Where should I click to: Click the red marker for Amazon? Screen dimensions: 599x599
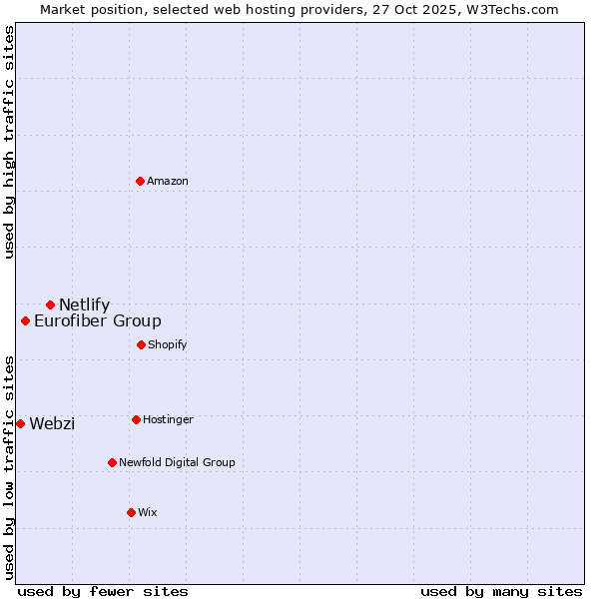coord(141,181)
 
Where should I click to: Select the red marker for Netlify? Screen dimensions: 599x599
coord(50,304)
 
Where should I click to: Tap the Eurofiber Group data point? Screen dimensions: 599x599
coord(26,320)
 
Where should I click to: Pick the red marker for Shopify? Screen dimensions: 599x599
coord(141,344)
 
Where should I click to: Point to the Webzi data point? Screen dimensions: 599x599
coord(20,423)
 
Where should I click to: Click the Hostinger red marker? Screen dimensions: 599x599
coord(136,419)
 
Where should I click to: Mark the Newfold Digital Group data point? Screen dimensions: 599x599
coord(112,462)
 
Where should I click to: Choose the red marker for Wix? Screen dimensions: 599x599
coord(131,512)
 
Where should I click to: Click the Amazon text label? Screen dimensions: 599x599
coord(168,181)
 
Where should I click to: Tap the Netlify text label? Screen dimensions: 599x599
coord(84,305)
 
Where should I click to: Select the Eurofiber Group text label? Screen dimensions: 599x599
coord(98,321)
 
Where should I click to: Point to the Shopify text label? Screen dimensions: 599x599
coord(167,345)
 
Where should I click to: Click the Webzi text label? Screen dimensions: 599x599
coord(52,424)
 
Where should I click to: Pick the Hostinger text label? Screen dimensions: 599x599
coord(168,420)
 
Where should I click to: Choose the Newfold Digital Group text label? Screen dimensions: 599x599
coord(177,463)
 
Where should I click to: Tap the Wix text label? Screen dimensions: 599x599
coord(148,513)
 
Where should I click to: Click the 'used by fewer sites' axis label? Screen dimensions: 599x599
coord(103,591)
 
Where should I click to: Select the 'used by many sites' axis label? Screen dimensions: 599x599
coord(501,591)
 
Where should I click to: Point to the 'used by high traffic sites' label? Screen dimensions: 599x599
coord(9,142)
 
